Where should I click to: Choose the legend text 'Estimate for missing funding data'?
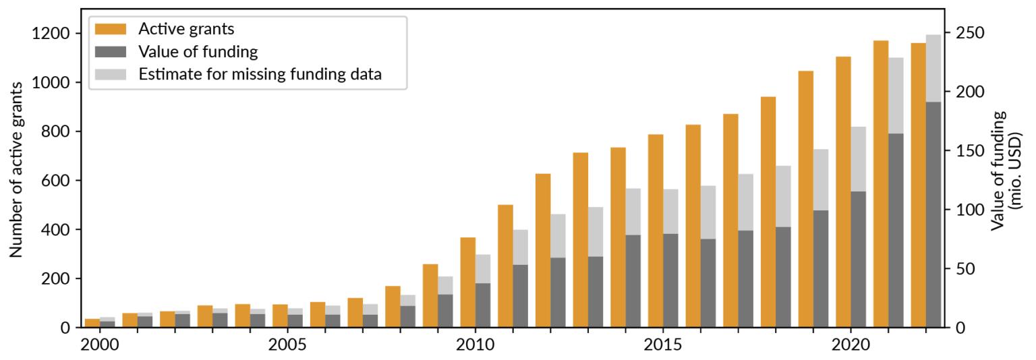pyautogui.click(x=260, y=74)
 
